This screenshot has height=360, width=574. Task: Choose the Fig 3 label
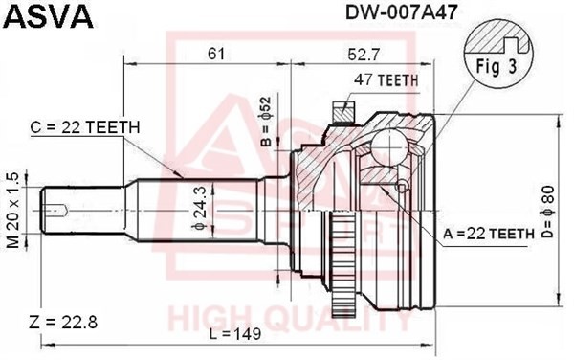click(x=492, y=68)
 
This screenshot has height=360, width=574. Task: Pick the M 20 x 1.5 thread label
click(x=13, y=209)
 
